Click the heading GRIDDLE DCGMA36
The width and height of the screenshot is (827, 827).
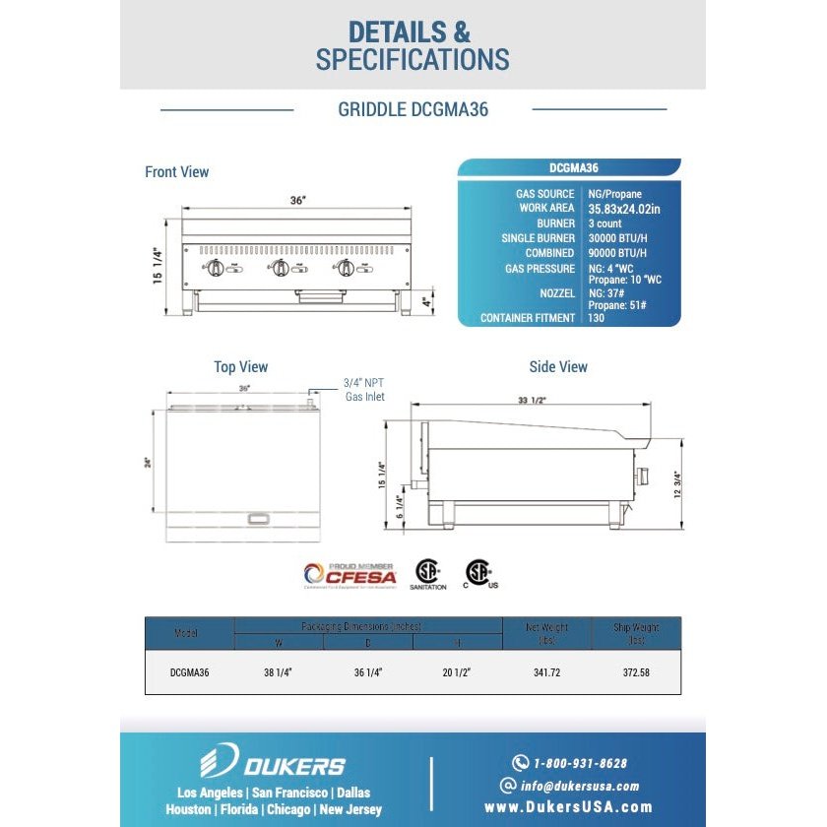(x=413, y=109)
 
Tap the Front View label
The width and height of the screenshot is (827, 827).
(x=177, y=172)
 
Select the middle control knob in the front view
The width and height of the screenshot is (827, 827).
(x=281, y=268)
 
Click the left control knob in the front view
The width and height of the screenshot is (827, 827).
(x=216, y=268)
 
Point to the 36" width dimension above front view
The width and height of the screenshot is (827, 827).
(x=297, y=200)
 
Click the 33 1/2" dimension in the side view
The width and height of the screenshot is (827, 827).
(x=532, y=400)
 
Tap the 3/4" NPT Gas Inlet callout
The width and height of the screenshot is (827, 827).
(x=363, y=389)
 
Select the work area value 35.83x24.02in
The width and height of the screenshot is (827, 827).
(x=624, y=209)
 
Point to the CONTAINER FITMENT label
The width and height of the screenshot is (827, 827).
(x=527, y=318)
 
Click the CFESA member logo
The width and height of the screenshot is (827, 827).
(x=350, y=575)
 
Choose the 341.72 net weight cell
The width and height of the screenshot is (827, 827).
(x=546, y=673)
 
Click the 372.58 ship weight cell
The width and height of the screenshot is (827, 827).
(x=635, y=673)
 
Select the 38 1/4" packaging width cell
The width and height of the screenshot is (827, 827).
(x=279, y=673)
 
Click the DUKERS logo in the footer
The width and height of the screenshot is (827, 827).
(x=273, y=764)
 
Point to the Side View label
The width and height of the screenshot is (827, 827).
(x=558, y=367)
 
